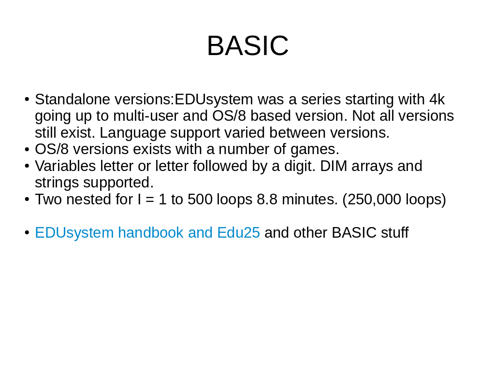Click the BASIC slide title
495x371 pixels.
(x=248, y=46)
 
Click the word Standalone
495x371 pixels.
(x=73, y=100)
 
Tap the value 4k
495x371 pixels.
(x=437, y=100)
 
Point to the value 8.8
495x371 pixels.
(x=267, y=200)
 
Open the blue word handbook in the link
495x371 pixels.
(x=151, y=233)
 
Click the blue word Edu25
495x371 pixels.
(x=239, y=233)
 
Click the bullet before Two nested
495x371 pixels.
(x=27, y=200)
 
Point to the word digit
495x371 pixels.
(x=300, y=167)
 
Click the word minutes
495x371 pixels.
(x=310, y=200)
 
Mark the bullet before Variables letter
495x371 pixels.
(x=27, y=166)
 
